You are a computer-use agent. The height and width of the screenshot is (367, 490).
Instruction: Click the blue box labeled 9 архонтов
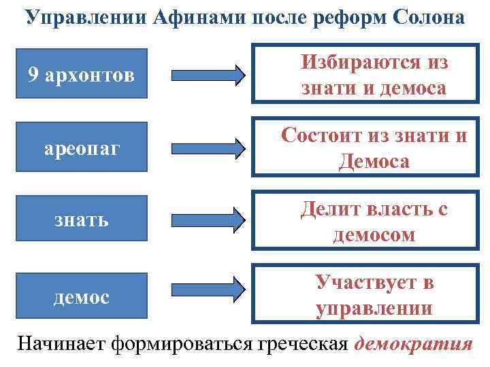click(80, 74)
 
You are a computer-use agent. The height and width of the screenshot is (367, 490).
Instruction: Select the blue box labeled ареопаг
click(80, 145)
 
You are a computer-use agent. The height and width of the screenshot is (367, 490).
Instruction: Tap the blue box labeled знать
click(80, 220)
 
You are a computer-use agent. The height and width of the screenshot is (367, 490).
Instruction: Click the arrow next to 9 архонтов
click(206, 75)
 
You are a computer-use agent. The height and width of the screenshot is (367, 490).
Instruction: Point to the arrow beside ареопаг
click(206, 146)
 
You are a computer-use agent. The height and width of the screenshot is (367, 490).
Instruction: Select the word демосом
click(374, 234)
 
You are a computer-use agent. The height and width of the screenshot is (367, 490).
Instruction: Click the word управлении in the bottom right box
click(374, 309)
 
